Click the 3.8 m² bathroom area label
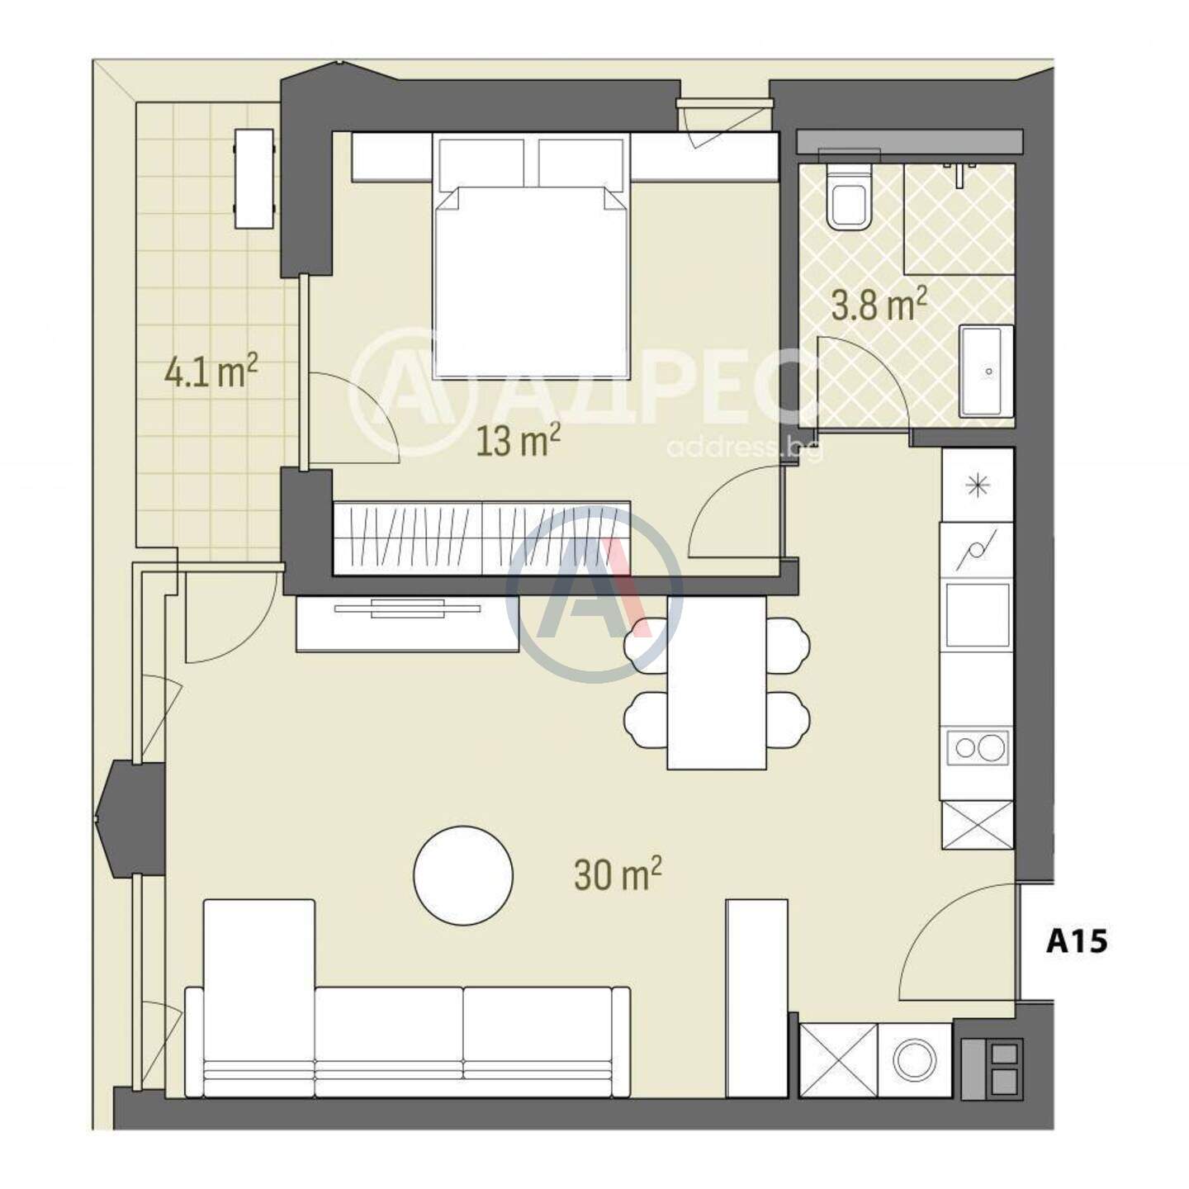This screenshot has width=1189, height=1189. point(879,306)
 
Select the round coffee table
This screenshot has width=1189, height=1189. point(463,875)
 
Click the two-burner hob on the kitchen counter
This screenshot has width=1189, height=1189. point(978,748)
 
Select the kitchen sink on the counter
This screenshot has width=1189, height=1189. point(978,614)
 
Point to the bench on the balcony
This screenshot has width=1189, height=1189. point(253,179)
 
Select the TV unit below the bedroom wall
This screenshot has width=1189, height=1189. point(407,623)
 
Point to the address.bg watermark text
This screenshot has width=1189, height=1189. point(744,448)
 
